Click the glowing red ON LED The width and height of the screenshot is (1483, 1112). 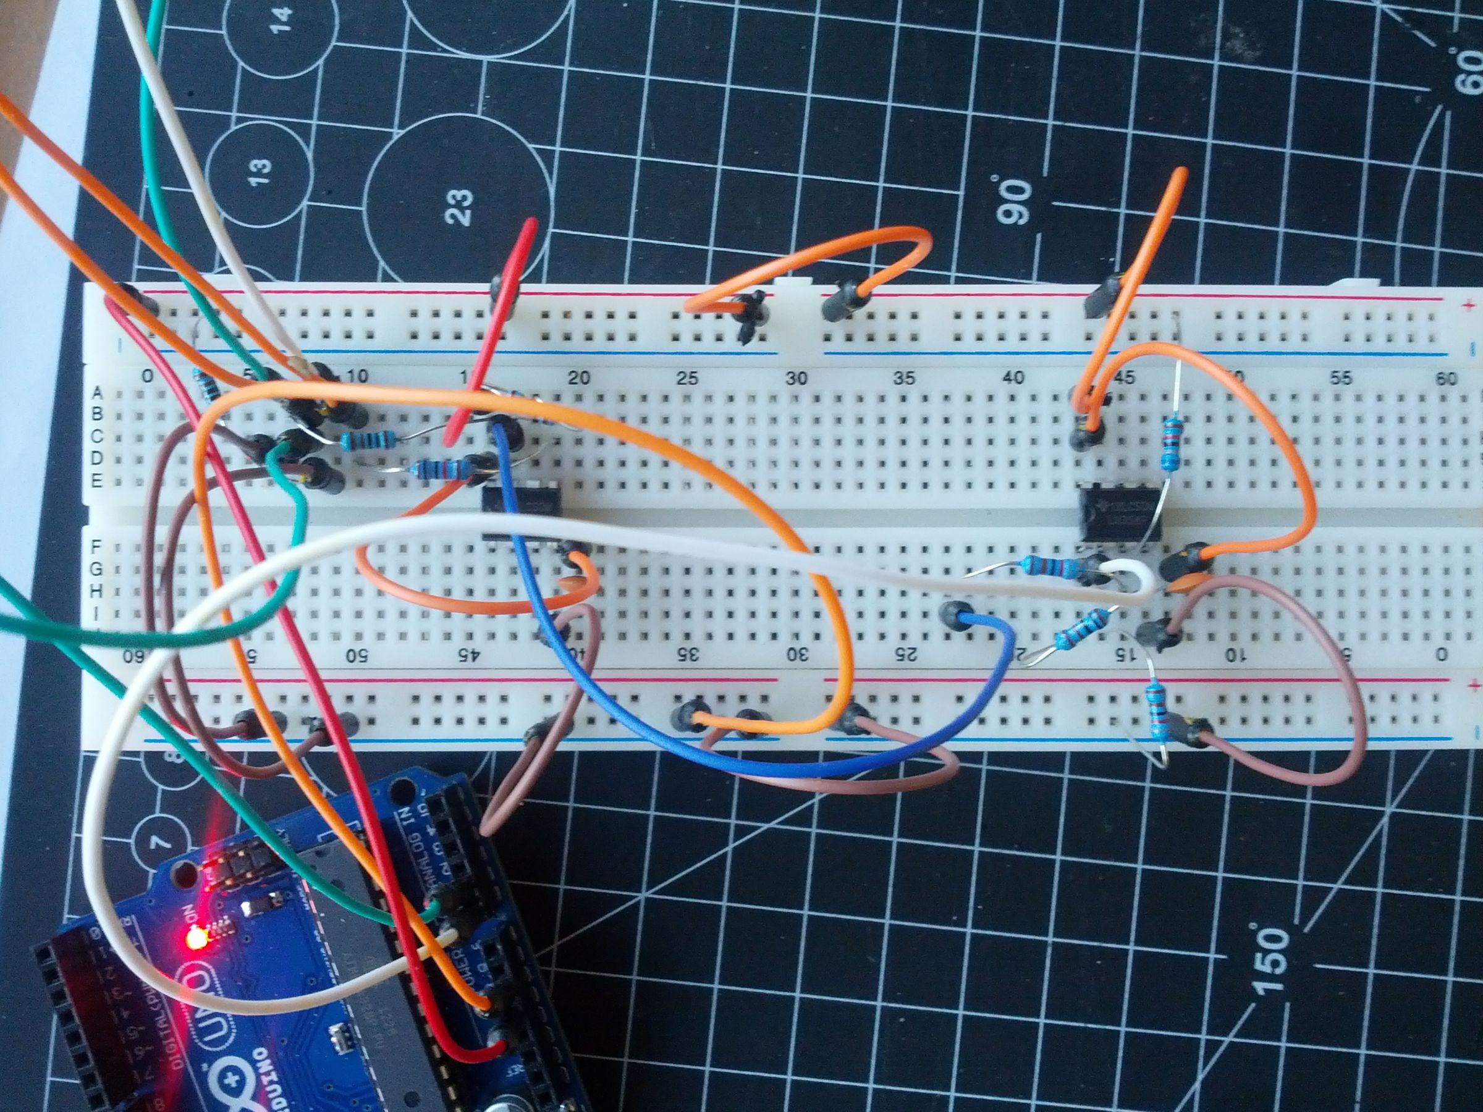pos(195,940)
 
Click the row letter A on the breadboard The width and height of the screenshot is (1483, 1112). pos(96,392)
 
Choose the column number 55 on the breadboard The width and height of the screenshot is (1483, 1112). pos(1341,379)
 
